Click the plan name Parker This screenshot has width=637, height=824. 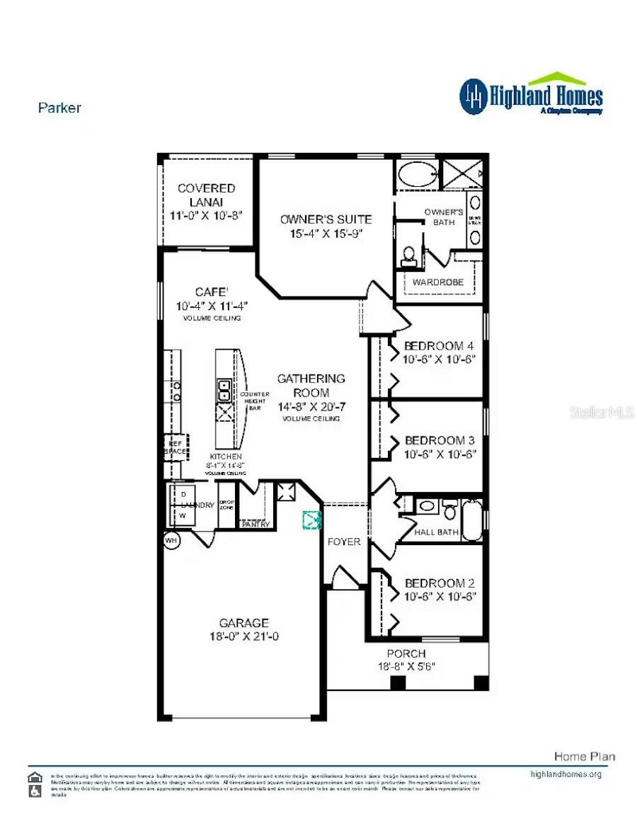tap(59, 108)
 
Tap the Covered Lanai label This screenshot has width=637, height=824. tap(206, 195)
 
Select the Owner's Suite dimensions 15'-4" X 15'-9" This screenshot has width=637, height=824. tap(326, 234)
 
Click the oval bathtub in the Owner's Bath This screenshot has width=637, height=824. tap(415, 174)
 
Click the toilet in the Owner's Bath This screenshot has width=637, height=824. tap(409, 256)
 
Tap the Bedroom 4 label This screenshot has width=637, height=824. tap(439, 346)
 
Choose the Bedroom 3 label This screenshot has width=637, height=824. tap(439, 440)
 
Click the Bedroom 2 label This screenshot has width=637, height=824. tap(439, 583)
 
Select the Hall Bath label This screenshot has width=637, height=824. tap(436, 532)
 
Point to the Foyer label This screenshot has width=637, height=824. tap(344, 542)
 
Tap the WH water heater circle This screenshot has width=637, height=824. tap(171, 540)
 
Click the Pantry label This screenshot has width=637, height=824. tap(255, 525)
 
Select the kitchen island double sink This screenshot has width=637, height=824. tap(224, 390)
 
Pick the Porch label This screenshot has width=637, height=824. tap(406, 653)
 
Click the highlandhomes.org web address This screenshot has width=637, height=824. tap(566, 774)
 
